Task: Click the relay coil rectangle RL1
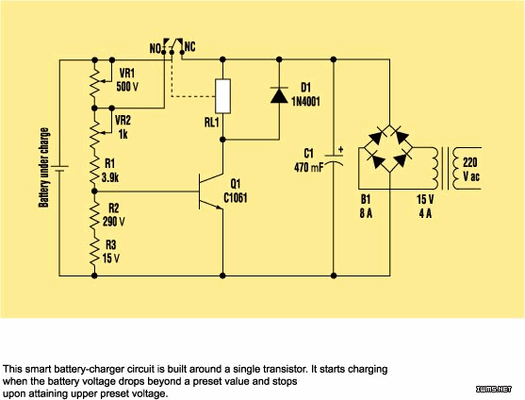(x=222, y=96)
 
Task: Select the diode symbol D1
(x=279, y=94)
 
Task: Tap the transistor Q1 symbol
(x=210, y=192)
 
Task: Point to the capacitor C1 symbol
(x=334, y=159)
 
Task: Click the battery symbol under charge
(x=59, y=168)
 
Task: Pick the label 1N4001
(x=305, y=101)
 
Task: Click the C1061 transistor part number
(x=236, y=198)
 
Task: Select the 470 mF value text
(x=309, y=167)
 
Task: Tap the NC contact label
(x=189, y=47)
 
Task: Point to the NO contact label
(x=156, y=49)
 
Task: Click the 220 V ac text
(x=470, y=170)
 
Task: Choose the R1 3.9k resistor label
(x=110, y=171)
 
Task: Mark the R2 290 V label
(x=113, y=215)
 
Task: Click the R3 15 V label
(x=111, y=252)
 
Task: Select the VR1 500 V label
(x=127, y=80)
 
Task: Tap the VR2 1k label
(x=123, y=127)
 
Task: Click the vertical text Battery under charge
(x=44, y=168)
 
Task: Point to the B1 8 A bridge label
(x=366, y=207)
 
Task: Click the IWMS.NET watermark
(x=494, y=389)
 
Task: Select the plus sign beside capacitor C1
(x=340, y=150)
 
